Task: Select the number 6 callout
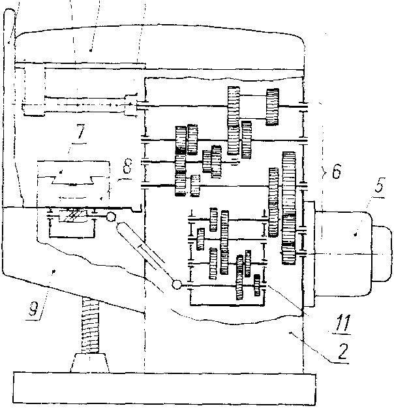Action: pyautogui.click(x=335, y=172)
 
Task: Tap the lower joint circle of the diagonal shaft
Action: pyautogui.click(x=176, y=285)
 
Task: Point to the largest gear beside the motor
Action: pyautogui.click(x=290, y=208)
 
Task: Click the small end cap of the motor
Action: pyautogui.click(x=381, y=251)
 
